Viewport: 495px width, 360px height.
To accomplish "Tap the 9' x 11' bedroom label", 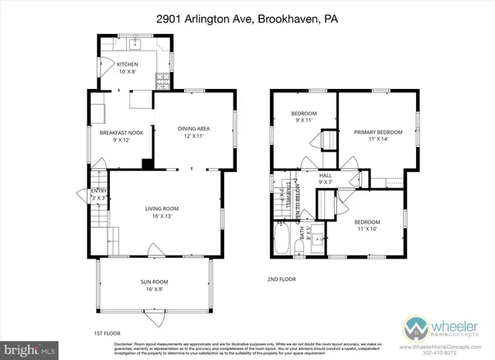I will click(282, 118).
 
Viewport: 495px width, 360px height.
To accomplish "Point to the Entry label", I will click(98, 194).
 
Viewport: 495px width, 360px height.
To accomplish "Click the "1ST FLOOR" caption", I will click(105, 333).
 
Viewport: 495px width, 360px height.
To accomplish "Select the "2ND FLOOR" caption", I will click(282, 279).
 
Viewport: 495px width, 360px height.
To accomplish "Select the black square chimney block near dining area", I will click(147, 164).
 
